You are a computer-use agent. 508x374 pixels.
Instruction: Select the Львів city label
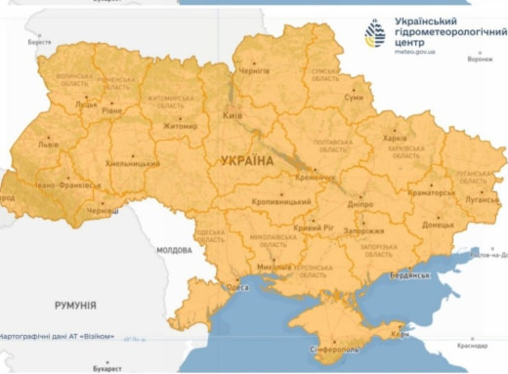click(47, 144)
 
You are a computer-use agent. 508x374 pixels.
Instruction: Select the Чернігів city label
click(254, 72)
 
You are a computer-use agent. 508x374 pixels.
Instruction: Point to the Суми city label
click(355, 98)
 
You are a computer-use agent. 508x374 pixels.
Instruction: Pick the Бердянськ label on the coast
click(412, 274)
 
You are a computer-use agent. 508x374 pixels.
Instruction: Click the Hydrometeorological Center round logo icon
click(375, 33)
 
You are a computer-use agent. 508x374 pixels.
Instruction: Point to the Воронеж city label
click(480, 59)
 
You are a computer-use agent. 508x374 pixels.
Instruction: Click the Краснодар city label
click(472, 346)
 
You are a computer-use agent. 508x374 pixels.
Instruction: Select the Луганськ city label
click(480, 196)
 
